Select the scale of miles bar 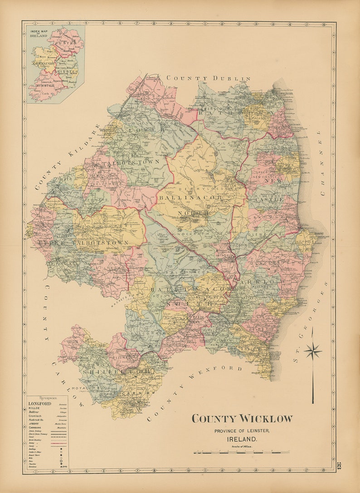tap(241, 452)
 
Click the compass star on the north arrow tap(312, 351)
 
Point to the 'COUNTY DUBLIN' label tap(208, 78)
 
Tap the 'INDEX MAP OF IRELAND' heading tap(39, 34)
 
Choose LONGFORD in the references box tap(40, 403)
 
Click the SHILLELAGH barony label tap(116, 371)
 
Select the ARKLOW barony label tap(269, 282)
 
